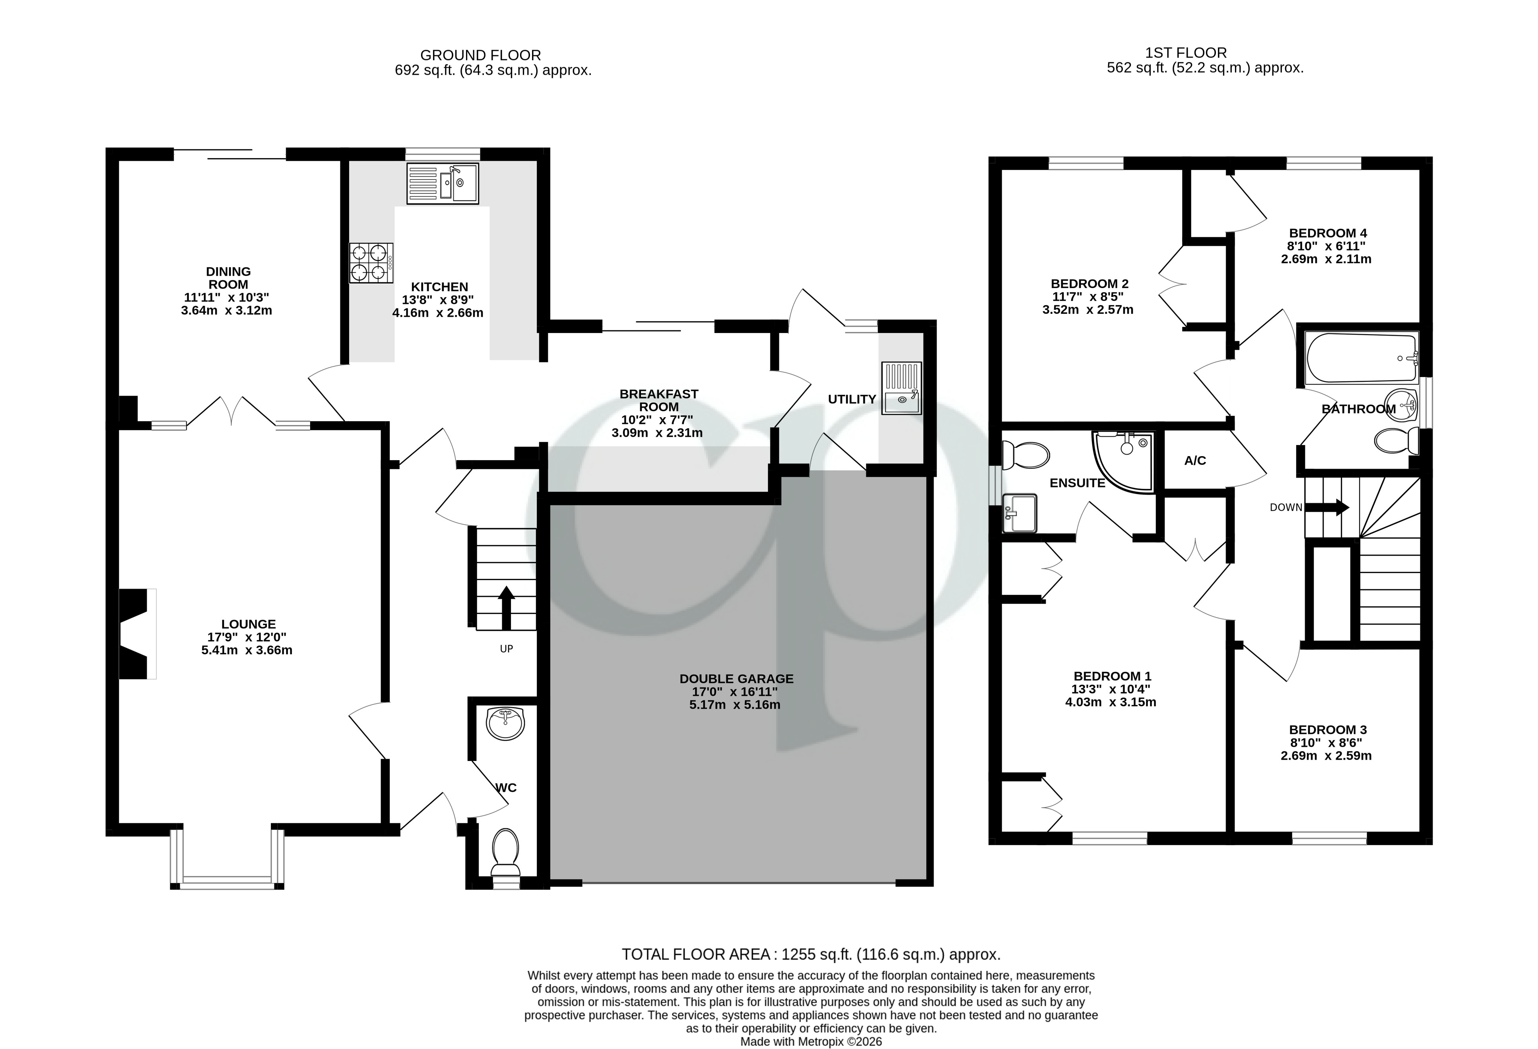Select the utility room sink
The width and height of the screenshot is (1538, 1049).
901,388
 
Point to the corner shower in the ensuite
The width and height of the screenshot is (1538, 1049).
1124,460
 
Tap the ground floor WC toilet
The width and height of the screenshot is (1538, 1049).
506,849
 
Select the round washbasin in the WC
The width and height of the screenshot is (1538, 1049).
505,722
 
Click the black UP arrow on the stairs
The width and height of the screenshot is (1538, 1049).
506,606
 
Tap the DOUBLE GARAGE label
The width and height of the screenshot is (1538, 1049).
736,679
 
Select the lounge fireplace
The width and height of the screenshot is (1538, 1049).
136,634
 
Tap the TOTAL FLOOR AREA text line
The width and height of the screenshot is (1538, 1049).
811,954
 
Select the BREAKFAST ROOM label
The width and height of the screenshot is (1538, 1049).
658,400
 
